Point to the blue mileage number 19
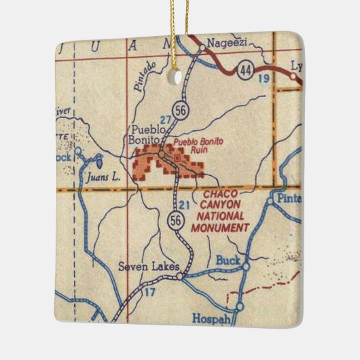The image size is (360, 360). tap(264, 80)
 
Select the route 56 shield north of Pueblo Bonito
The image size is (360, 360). tap(179, 109)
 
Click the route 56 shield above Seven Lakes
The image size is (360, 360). tap(175, 219)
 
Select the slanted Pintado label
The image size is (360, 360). tap(145, 76)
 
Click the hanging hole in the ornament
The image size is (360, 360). tap(180, 77)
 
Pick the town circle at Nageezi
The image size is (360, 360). tap(202, 48)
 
